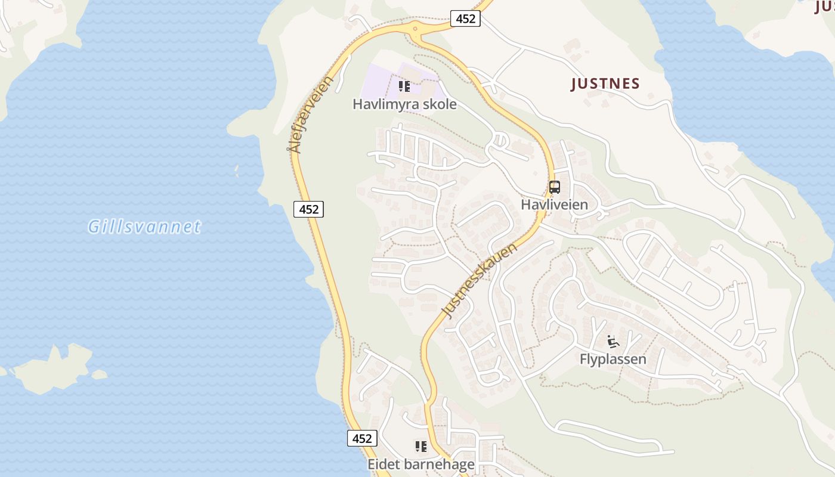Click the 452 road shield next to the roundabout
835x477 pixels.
pyautogui.click(x=465, y=18)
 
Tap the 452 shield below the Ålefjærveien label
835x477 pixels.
pyautogui.click(x=308, y=209)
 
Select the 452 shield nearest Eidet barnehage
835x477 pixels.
pyautogui.click(x=362, y=438)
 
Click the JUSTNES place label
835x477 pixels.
pyautogui.click(x=605, y=84)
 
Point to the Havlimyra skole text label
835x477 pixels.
pyautogui.click(x=404, y=104)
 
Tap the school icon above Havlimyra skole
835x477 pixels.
pyautogui.click(x=404, y=87)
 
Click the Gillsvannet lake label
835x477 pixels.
pyautogui.click(x=144, y=227)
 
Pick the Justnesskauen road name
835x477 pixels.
pyautogui.click(x=479, y=280)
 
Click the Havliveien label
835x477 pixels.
pyautogui.click(x=554, y=205)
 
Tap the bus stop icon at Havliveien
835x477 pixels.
pyautogui.click(x=555, y=187)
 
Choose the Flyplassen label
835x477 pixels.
pyautogui.click(x=613, y=359)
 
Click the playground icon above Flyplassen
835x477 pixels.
pyautogui.click(x=613, y=342)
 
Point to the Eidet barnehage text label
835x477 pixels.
pyautogui.click(x=421, y=464)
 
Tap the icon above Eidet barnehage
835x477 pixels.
pyautogui.click(x=421, y=447)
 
